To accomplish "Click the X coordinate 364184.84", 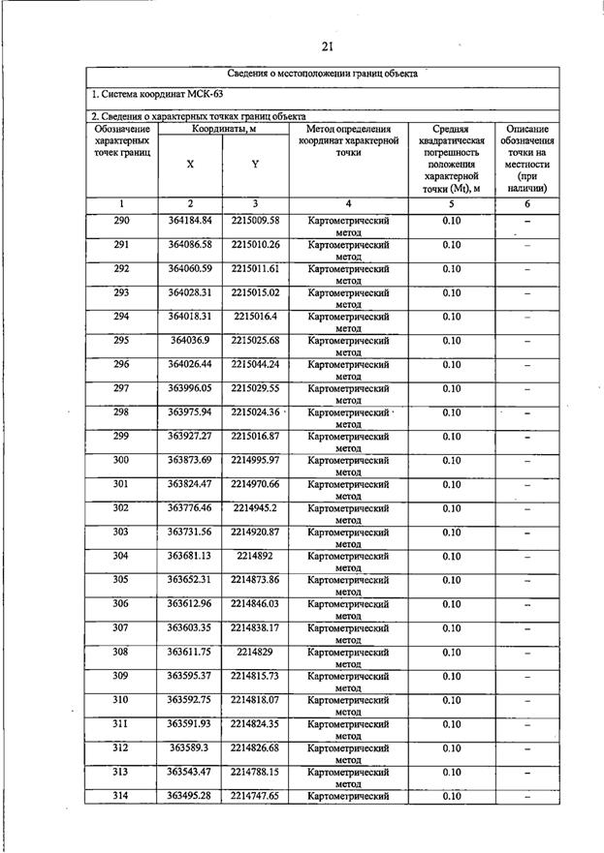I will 189,221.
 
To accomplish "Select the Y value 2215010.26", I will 255,244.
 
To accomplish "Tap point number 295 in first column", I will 121,341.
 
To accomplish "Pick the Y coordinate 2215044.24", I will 255,364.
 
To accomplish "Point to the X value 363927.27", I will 189,437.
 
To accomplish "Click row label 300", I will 121,460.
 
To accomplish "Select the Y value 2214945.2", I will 255,508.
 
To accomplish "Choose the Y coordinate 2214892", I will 255,556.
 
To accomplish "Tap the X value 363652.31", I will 189,580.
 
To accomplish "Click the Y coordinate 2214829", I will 255,652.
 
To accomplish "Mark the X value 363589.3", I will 189,747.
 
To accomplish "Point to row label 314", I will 121,796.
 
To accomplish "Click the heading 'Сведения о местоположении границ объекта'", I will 323,74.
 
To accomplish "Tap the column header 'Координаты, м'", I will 223,129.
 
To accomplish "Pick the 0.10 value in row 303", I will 452,532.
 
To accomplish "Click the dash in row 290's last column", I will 527,223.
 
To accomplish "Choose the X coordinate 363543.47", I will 189,772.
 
